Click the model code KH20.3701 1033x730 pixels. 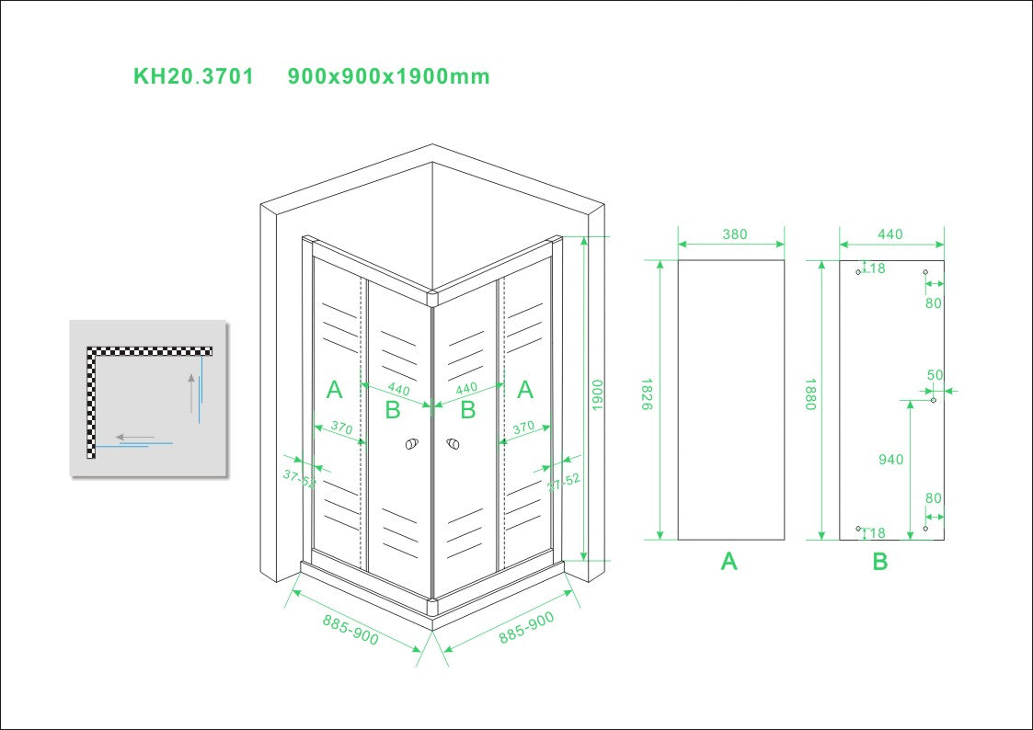coord(193,76)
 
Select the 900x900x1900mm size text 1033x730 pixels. coord(388,76)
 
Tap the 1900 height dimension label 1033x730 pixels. coord(598,395)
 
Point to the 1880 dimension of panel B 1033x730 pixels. coord(810,395)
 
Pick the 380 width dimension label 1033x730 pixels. coord(734,234)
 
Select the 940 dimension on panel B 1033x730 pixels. coord(890,460)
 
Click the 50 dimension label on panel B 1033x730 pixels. coord(935,375)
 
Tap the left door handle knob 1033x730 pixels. coord(410,446)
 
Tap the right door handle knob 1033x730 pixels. coord(453,446)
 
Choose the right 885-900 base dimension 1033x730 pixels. coord(527,628)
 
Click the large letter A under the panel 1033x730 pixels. coord(729,561)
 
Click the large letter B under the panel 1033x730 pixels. coord(880,562)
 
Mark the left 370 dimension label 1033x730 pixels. coord(341,428)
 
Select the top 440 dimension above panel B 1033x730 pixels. coord(890,234)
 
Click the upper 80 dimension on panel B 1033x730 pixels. coord(934,302)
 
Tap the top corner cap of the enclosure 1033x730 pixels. coord(432,296)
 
